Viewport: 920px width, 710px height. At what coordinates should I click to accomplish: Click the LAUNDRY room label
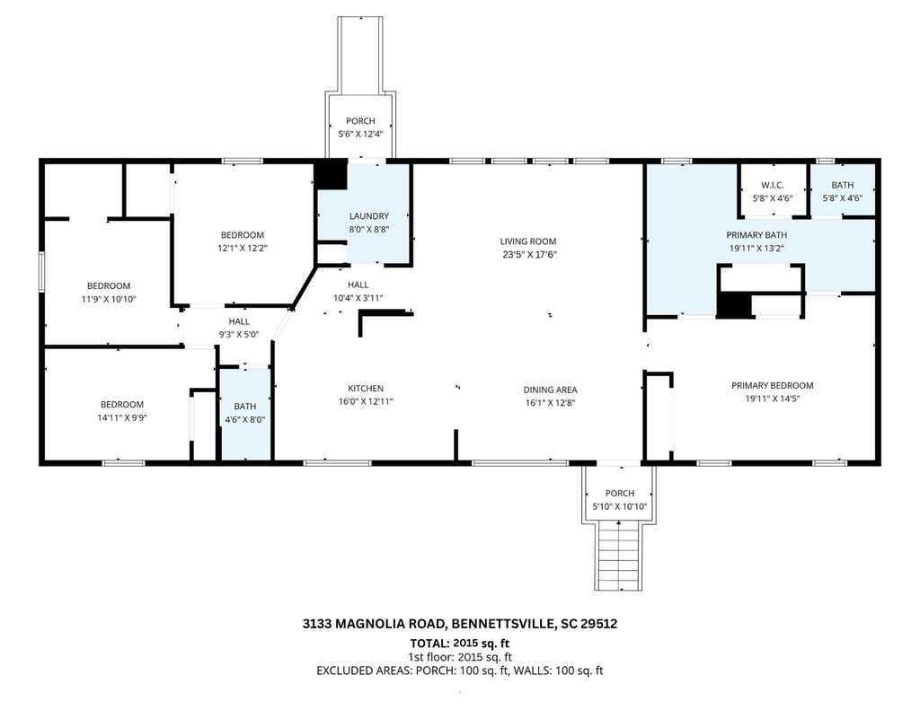[x=369, y=215]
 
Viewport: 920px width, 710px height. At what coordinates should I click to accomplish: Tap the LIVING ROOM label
[x=528, y=241]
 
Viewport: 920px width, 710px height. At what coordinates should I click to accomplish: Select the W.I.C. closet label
[x=772, y=185]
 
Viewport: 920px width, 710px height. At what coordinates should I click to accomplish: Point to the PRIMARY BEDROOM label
[x=772, y=385]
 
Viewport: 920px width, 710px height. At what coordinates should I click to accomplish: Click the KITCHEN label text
[x=366, y=388]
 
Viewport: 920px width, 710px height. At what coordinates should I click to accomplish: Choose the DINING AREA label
[x=551, y=390]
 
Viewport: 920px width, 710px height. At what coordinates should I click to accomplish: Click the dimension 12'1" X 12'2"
[x=243, y=248]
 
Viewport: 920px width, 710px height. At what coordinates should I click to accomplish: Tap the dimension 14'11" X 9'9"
[x=122, y=417]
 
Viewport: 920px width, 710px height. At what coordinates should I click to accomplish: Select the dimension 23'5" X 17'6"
[x=528, y=254]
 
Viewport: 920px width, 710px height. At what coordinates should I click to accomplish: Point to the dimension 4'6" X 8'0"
[x=245, y=419]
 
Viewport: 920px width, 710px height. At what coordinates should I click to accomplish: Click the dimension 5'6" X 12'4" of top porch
[x=360, y=134]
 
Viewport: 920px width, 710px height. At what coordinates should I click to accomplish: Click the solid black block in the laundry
[x=332, y=175]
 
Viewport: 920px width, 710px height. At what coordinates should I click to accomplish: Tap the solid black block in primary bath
[x=735, y=305]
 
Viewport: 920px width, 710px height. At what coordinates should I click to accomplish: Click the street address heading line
[x=460, y=623]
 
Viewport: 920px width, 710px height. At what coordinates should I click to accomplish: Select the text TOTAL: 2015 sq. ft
[x=460, y=644]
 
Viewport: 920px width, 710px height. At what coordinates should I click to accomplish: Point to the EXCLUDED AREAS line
[x=460, y=671]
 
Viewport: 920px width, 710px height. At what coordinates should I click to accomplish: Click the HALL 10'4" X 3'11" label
[x=358, y=292]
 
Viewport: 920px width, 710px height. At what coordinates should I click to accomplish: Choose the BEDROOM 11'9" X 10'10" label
[x=109, y=292]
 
